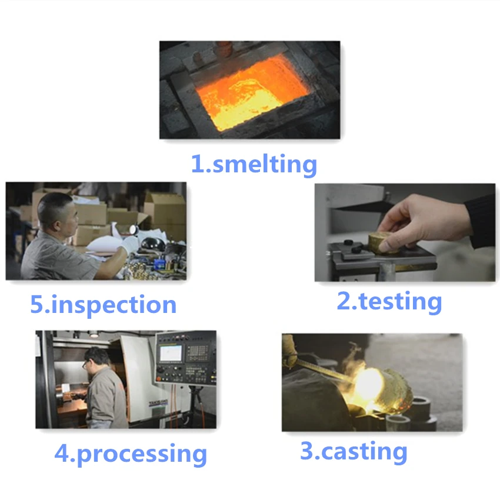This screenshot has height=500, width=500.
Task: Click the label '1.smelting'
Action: (254, 164)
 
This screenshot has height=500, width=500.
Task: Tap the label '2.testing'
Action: (389, 302)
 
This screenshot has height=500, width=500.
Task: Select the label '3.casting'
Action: (354, 452)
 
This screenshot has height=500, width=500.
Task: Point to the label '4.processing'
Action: (131, 454)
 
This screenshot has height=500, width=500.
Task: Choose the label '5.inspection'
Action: (104, 305)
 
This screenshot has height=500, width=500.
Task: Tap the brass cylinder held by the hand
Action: (383, 243)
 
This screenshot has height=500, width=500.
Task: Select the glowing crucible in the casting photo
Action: (383, 391)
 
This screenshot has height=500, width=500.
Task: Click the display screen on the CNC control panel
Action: (170, 353)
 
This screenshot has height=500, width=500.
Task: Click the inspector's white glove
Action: (129, 245)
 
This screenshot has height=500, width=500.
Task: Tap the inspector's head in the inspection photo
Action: (58, 214)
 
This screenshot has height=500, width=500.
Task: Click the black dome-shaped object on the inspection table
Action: (153, 245)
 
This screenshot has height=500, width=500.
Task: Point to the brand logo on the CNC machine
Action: (158, 403)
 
